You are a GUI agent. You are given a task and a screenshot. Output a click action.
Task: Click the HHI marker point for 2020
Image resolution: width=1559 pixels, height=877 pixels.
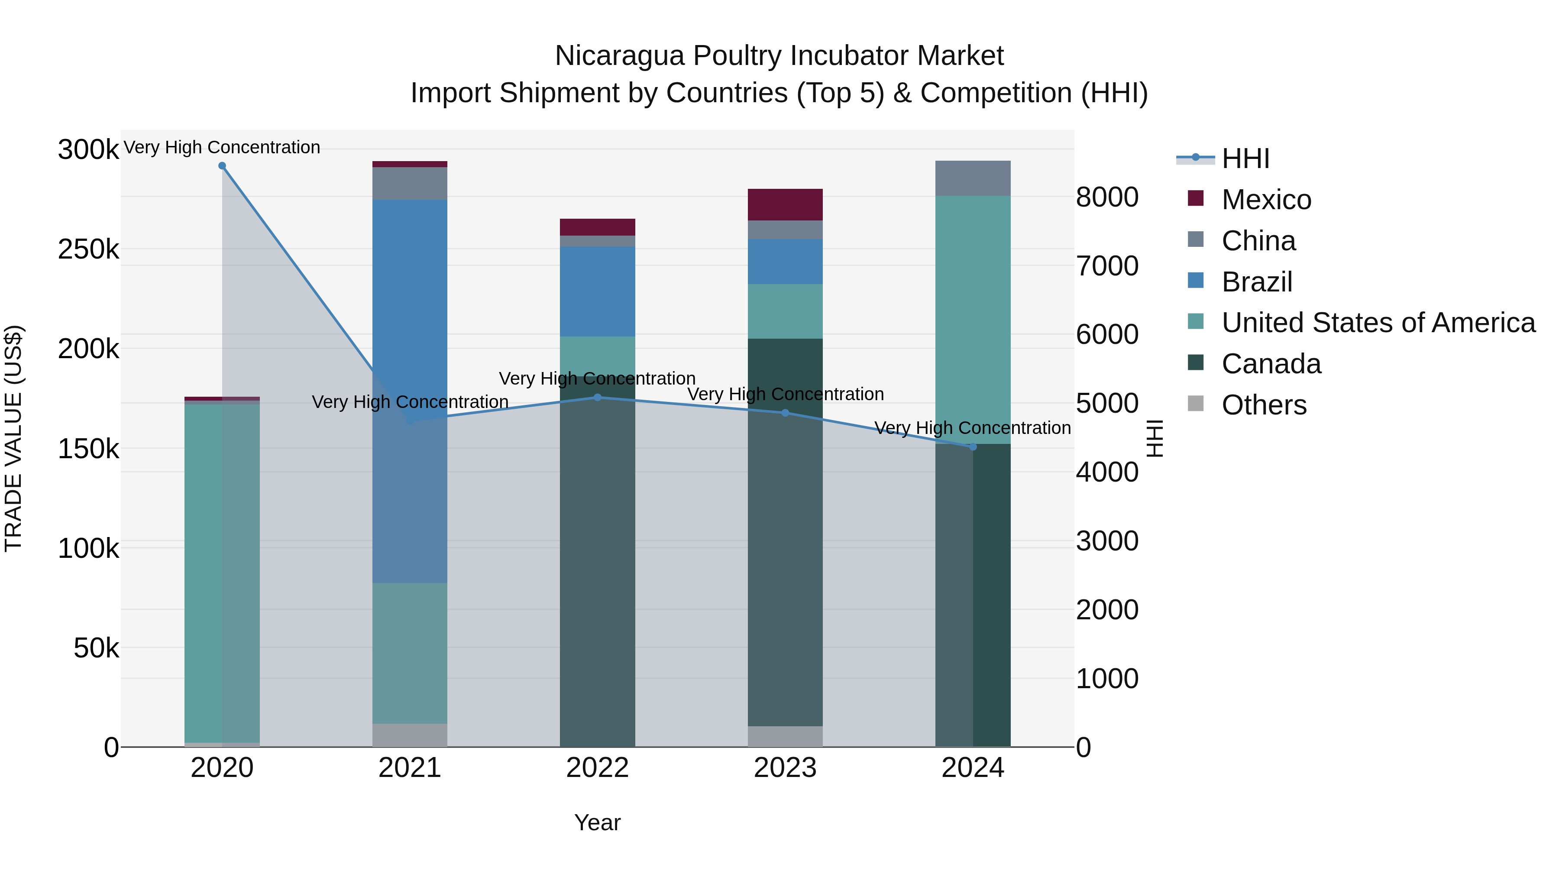click(222, 166)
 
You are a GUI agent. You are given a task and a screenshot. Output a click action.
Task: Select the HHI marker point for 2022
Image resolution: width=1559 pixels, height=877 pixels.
click(597, 398)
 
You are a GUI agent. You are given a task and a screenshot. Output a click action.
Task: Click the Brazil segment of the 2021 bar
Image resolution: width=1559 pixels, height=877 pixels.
click(410, 303)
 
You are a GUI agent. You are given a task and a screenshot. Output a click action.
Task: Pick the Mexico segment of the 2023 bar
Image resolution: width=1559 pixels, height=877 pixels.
click(785, 204)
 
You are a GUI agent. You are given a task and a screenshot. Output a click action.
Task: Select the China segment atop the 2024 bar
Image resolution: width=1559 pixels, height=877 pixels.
click(973, 178)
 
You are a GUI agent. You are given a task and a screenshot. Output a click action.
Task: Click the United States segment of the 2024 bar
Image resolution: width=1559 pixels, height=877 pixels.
click(973, 315)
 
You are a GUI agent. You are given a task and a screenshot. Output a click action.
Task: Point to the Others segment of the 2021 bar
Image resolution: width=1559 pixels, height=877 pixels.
click(410, 735)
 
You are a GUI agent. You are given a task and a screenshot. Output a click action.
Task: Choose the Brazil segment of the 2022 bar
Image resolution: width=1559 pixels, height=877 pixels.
click(597, 291)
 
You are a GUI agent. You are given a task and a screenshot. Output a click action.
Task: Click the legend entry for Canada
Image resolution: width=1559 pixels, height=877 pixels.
click(1271, 364)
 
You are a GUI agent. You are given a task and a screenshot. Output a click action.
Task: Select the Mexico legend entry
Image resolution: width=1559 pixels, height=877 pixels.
click(1266, 200)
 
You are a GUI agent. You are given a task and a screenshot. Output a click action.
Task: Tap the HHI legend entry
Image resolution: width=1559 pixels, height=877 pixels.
click(1245, 159)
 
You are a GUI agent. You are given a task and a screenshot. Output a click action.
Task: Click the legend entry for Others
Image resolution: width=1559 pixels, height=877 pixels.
click(1264, 405)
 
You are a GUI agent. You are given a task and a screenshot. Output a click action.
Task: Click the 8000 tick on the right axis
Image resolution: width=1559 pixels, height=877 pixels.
click(1107, 197)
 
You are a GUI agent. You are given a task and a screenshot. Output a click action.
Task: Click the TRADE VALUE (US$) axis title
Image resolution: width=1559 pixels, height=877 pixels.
click(13, 438)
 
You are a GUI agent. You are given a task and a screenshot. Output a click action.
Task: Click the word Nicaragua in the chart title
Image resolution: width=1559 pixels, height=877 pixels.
click(620, 56)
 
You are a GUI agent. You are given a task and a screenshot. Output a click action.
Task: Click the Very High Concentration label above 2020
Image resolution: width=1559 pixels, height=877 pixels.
click(222, 147)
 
